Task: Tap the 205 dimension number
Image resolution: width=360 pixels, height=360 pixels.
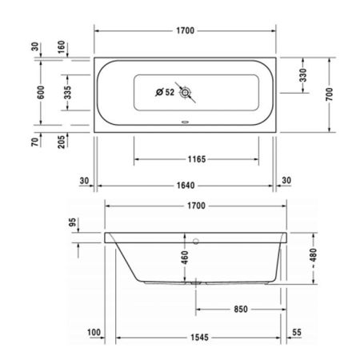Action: [x=62, y=142]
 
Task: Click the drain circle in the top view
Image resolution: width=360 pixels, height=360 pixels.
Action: [x=186, y=94]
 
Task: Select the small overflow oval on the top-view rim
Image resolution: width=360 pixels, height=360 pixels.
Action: [x=186, y=124]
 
